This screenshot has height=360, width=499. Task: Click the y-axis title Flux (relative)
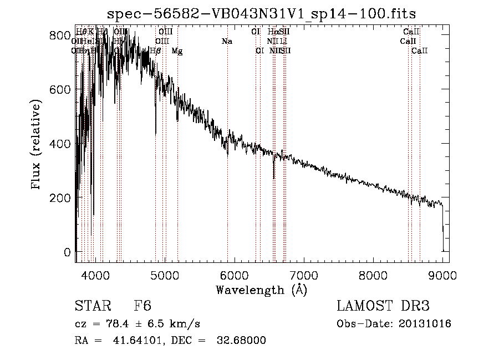point(37,145)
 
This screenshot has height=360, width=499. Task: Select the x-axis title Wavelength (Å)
point(262,290)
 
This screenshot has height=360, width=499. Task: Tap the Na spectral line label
point(226,41)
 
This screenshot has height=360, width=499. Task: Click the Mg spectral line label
point(177,51)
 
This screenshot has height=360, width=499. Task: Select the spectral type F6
point(142,307)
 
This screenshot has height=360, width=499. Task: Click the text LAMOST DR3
point(383,307)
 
